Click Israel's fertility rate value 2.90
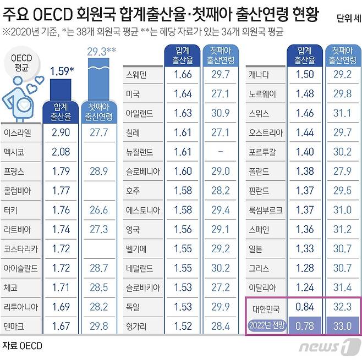coord(61,133)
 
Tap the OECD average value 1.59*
coord(61,70)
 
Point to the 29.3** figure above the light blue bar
coord(100,52)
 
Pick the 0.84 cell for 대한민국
coord(304,307)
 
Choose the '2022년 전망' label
coord(266,326)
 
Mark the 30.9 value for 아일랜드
coord(220,113)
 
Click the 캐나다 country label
coord(259,75)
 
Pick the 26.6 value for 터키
coord(98,210)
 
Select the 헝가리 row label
coord(136,326)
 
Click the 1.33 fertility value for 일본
coord(304,249)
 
